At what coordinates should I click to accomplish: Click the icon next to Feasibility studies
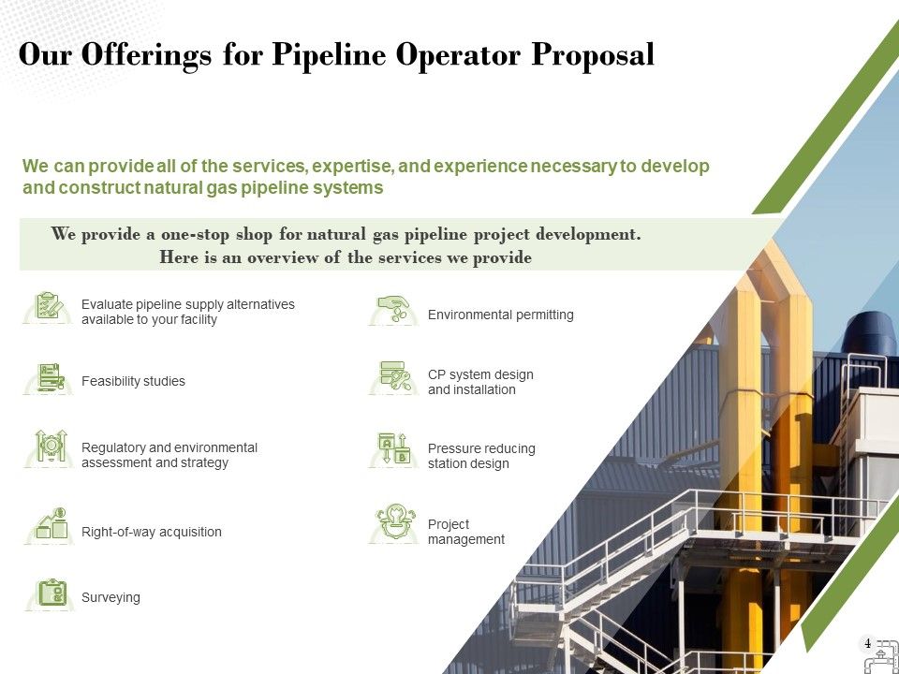click(50, 378)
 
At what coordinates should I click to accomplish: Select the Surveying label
click(111, 597)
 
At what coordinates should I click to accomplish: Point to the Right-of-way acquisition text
click(152, 532)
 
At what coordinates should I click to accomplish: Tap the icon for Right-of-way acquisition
click(51, 525)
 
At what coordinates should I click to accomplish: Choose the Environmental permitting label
click(500, 315)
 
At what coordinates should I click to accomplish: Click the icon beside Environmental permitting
click(393, 309)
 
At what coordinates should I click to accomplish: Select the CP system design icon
click(393, 376)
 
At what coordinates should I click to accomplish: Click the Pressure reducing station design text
click(481, 456)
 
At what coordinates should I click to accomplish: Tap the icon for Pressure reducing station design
click(393, 449)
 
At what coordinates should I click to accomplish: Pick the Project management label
click(465, 532)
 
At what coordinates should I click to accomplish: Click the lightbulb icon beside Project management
click(393, 522)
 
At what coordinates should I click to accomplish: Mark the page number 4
click(867, 644)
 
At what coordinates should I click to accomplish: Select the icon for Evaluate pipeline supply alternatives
click(49, 306)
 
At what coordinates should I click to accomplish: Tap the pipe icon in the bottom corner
click(881, 657)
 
